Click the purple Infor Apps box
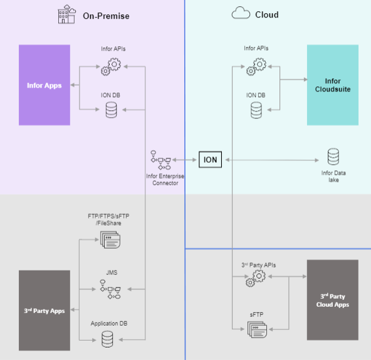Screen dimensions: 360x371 tap(44, 85)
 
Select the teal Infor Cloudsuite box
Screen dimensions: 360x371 tap(332, 85)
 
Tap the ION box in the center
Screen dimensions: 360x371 tap(211, 160)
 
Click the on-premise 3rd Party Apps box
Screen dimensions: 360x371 tap(44, 310)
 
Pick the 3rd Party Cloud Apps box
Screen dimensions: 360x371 tap(332, 300)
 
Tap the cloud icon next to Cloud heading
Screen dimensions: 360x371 tap(241, 14)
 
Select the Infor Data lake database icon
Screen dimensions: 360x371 tap(333, 157)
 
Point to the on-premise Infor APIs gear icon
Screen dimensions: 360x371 tap(112, 64)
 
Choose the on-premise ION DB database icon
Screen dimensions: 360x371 tap(112, 110)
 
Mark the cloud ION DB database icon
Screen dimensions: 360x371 tap(256, 110)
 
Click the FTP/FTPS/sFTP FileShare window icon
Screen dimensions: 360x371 tap(110, 239)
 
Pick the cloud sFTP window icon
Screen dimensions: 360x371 tap(256, 328)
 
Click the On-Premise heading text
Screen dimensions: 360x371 tap(106, 14)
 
